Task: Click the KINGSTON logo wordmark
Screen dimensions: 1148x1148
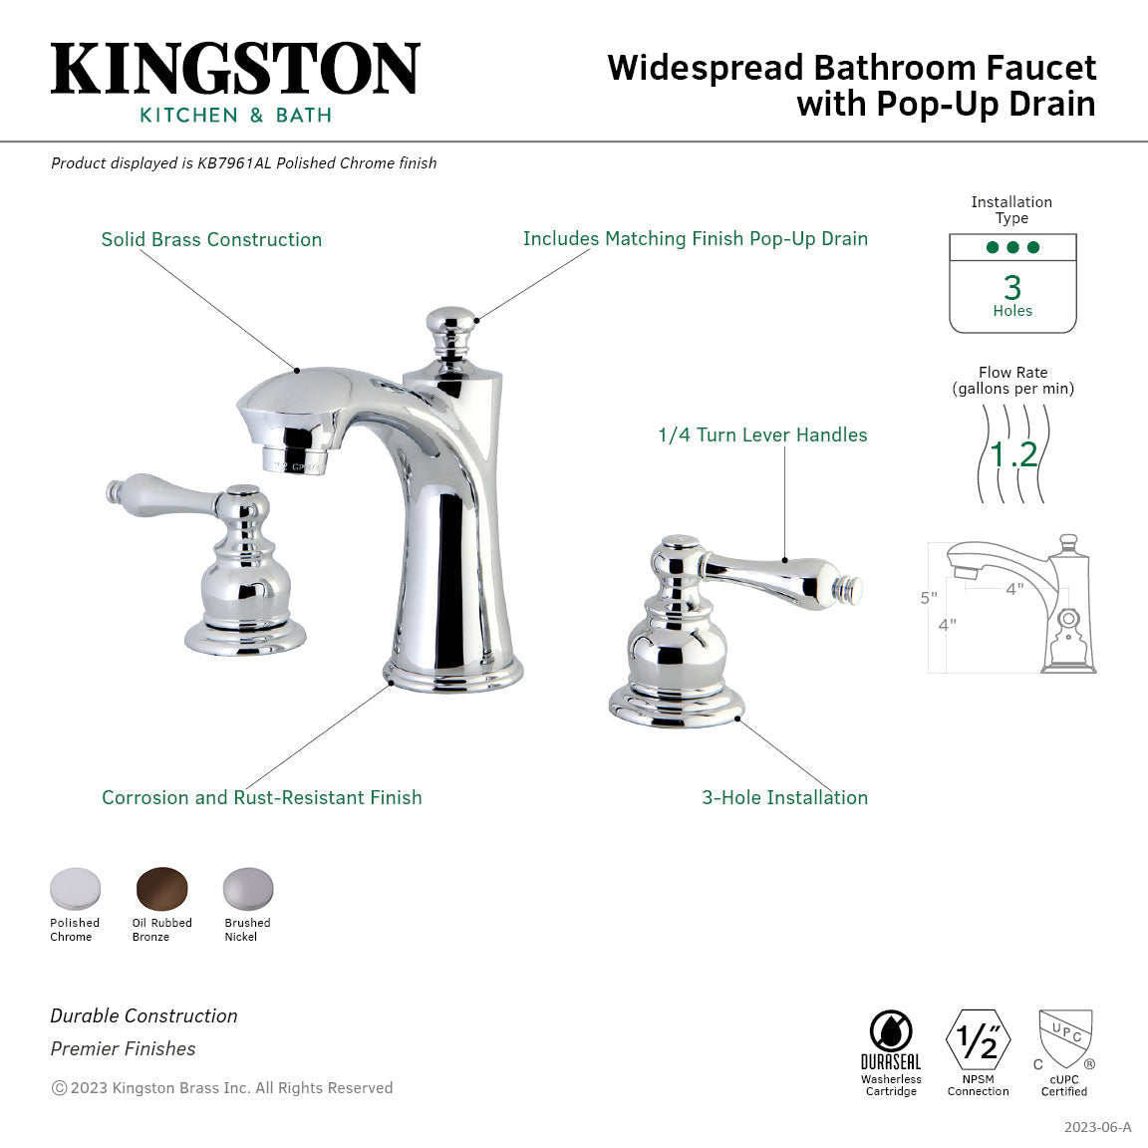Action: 235,69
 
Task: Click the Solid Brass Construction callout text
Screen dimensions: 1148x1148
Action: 211,239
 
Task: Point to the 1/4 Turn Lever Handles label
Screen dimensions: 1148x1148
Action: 762,434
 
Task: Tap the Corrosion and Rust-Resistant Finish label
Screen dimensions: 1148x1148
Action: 261,797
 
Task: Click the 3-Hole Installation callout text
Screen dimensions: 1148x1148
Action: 784,797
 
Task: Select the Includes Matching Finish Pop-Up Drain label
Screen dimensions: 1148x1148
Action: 695,238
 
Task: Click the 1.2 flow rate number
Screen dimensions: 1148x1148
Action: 1013,454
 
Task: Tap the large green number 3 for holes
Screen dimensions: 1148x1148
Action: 1012,287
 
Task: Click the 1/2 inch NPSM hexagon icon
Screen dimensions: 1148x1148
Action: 978,1040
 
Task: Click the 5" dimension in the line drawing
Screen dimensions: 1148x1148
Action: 928,598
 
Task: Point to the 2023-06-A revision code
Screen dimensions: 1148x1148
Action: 1097,1127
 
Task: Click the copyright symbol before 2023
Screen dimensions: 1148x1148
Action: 59,1088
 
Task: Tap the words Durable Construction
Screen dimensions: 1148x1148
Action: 143,1015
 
